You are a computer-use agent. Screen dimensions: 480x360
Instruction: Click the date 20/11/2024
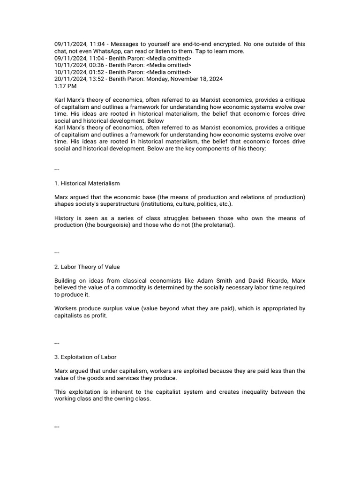[x=69, y=79]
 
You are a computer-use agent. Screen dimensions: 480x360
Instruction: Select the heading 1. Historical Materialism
[x=87, y=183]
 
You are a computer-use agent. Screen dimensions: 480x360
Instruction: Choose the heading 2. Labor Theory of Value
[x=87, y=267]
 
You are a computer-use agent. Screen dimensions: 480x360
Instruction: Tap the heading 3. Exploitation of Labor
[x=85, y=357]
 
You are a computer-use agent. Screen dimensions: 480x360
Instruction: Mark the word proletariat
[x=216, y=225]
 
